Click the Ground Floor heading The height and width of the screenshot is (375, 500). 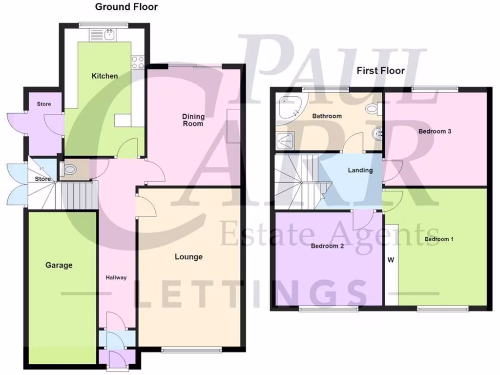point(126,7)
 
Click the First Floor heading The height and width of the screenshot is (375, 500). point(380,71)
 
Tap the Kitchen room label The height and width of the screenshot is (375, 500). point(105,76)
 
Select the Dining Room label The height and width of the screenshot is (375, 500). point(193,120)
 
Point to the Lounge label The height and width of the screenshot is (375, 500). point(188,257)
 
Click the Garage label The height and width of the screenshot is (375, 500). point(59,265)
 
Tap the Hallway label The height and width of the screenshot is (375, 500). point(116,277)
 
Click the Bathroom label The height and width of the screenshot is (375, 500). point(327,116)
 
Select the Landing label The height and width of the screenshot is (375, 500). point(360,170)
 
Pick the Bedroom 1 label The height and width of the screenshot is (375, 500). point(439,239)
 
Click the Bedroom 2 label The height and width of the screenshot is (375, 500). point(327,246)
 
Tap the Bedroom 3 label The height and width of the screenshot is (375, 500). point(432,131)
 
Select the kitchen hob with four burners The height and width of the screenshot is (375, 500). point(137,62)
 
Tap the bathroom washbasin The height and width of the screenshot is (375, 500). point(375,133)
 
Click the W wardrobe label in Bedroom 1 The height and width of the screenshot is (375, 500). point(391,260)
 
